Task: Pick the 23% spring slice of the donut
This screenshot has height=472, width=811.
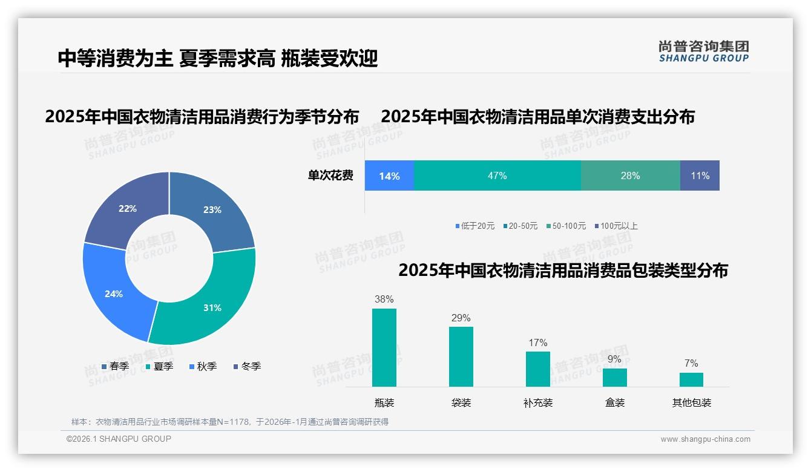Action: pos(212,210)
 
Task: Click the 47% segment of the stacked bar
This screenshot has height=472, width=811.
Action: pos(497,175)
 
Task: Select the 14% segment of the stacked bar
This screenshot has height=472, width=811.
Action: pos(389,175)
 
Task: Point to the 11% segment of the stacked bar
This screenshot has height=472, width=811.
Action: pos(700,175)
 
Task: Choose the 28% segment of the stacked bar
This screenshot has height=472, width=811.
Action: pos(630,175)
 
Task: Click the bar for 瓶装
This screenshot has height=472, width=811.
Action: pos(384,347)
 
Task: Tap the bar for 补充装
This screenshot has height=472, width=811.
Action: pos(537,369)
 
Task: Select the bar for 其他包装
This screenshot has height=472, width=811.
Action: pos(691,379)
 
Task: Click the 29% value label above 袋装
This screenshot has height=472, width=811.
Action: pos(461,318)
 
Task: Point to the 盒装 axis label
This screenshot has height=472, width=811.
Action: pos(615,402)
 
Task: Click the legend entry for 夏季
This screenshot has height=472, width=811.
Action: pos(159,366)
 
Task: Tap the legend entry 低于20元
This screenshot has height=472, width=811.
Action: pos(475,226)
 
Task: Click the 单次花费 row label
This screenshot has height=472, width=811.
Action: pos(330,175)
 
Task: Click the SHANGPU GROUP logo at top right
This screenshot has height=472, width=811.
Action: pos(703,51)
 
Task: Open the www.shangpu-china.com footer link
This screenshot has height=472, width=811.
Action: pos(705,439)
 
